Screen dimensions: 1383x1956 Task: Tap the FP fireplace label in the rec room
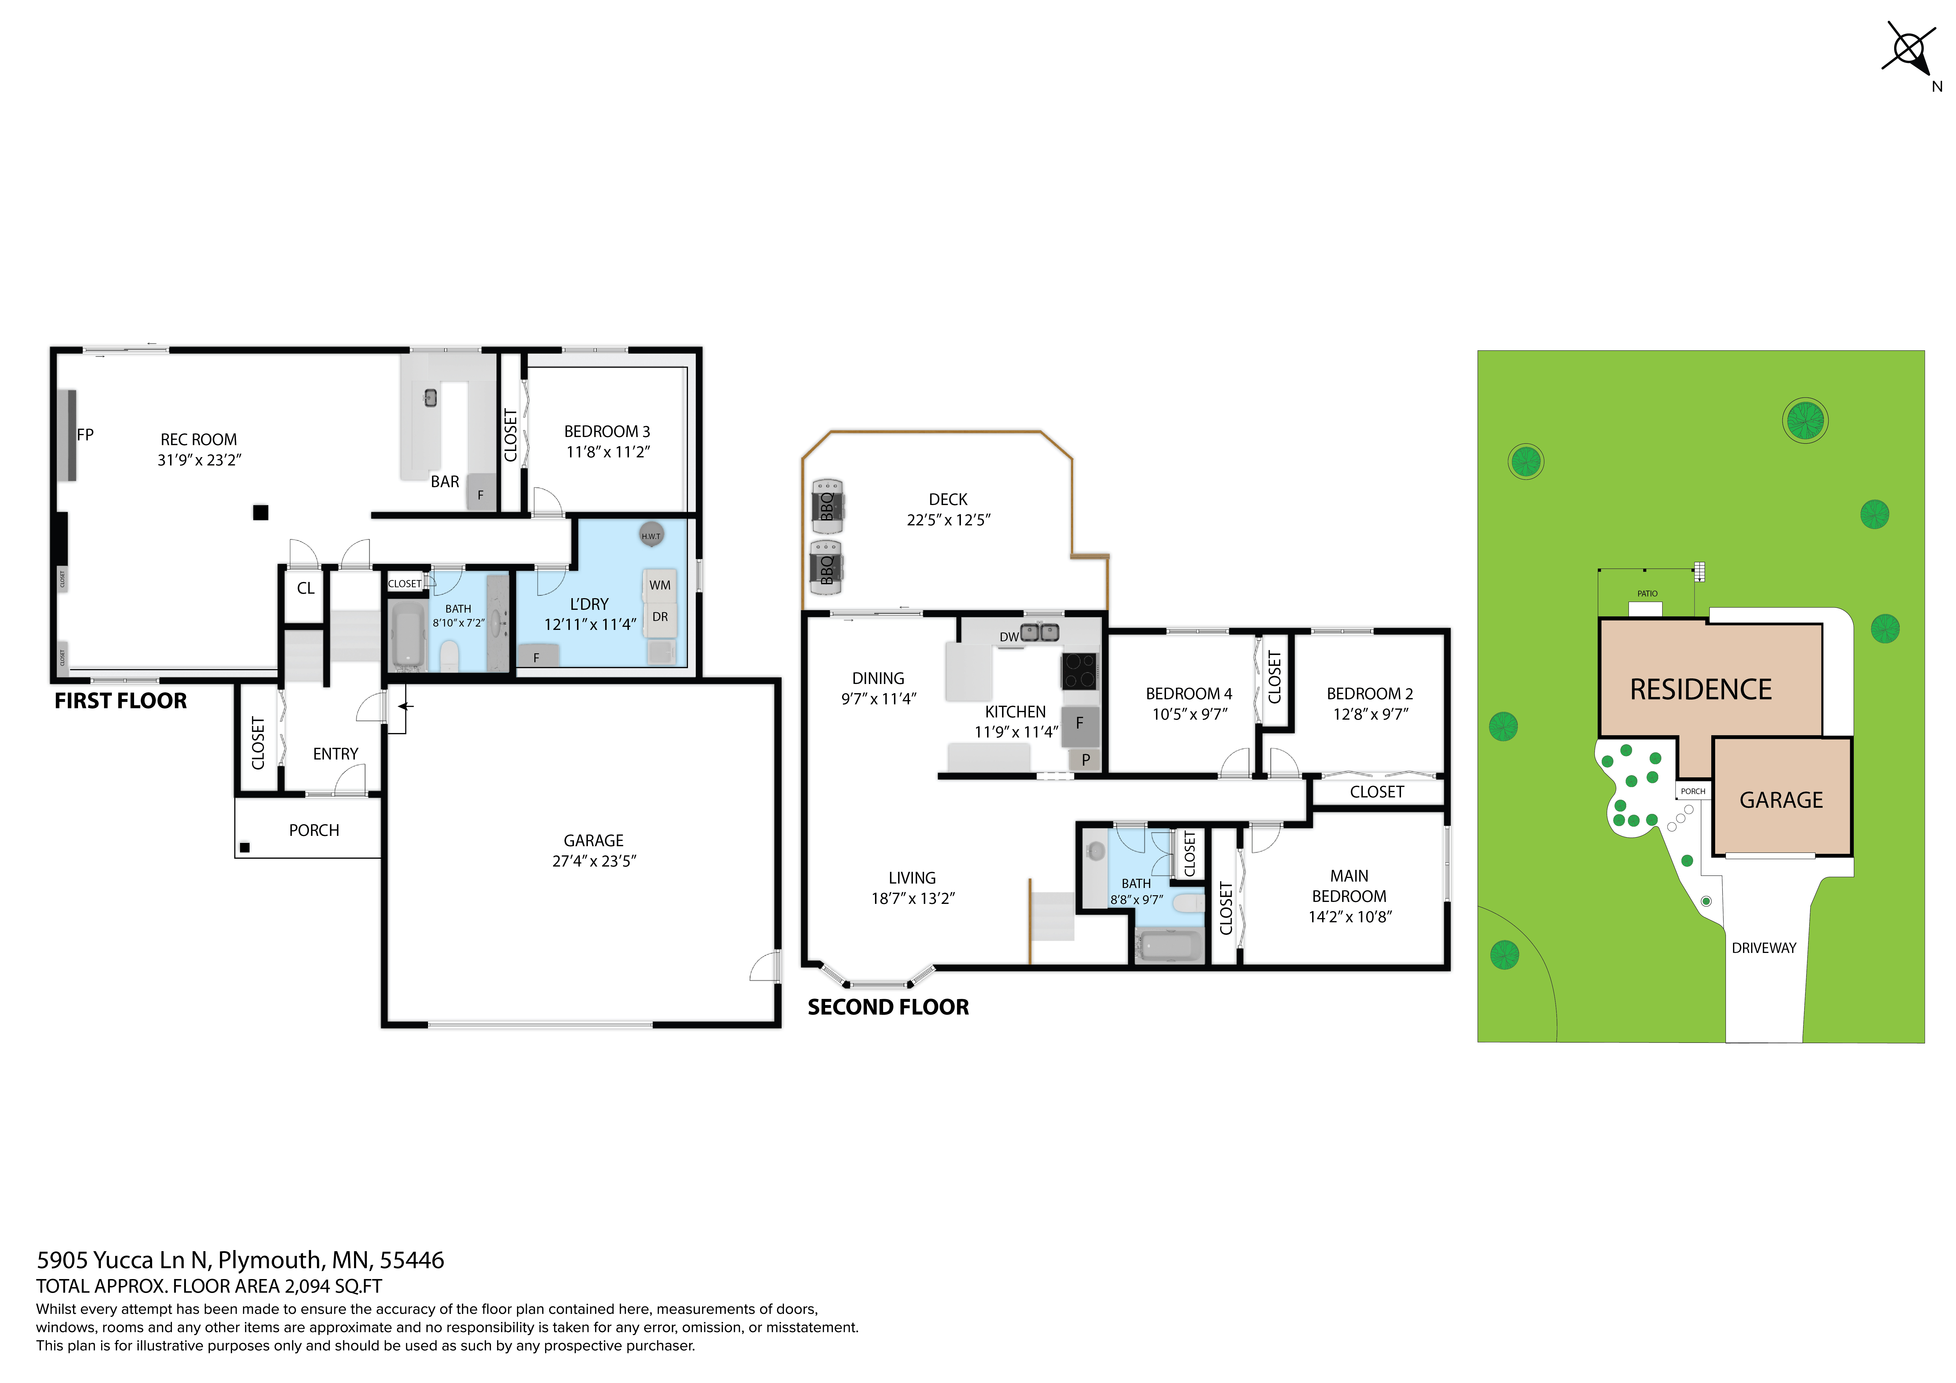pyautogui.click(x=85, y=434)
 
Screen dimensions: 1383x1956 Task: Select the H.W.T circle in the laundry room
pyautogui.click(x=651, y=535)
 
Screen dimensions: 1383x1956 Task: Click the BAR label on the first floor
pyautogui.click(x=445, y=482)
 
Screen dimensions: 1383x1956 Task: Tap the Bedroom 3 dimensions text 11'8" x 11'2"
pyautogui.click(x=607, y=452)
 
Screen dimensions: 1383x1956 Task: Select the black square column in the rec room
pyautogui.click(x=261, y=512)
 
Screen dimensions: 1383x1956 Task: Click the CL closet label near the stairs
pyautogui.click(x=305, y=588)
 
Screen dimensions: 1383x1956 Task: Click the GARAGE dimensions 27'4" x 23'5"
pyautogui.click(x=594, y=861)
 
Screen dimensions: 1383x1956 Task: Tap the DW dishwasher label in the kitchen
pyautogui.click(x=1009, y=637)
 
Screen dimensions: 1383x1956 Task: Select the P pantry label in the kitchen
pyautogui.click(x=1085, y=760)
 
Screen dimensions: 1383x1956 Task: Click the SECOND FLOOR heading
pyautogui.click(x=888, y=1008)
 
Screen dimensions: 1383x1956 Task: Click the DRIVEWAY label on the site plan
pyautogui.click(x=1763, y=948)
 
